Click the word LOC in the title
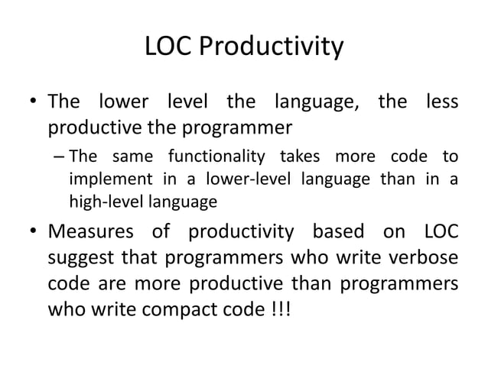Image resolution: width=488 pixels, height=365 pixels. point(167,49)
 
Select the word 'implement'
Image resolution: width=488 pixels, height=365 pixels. point(102,181)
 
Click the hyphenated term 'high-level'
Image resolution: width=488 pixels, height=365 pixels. point(101,203)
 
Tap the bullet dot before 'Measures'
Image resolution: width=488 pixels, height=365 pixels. point(34,232)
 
